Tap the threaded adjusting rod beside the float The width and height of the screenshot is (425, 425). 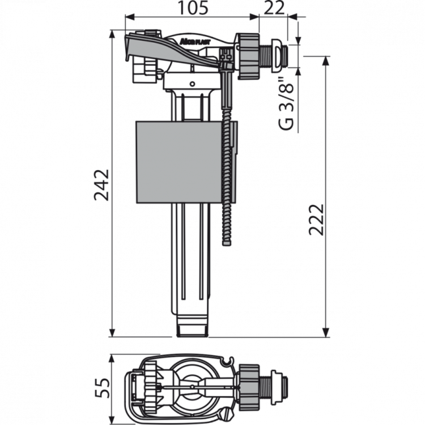pyautogui.click(x=228, y=181)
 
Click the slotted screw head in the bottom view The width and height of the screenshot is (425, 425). pyautogui.click(x=228, y=412)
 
